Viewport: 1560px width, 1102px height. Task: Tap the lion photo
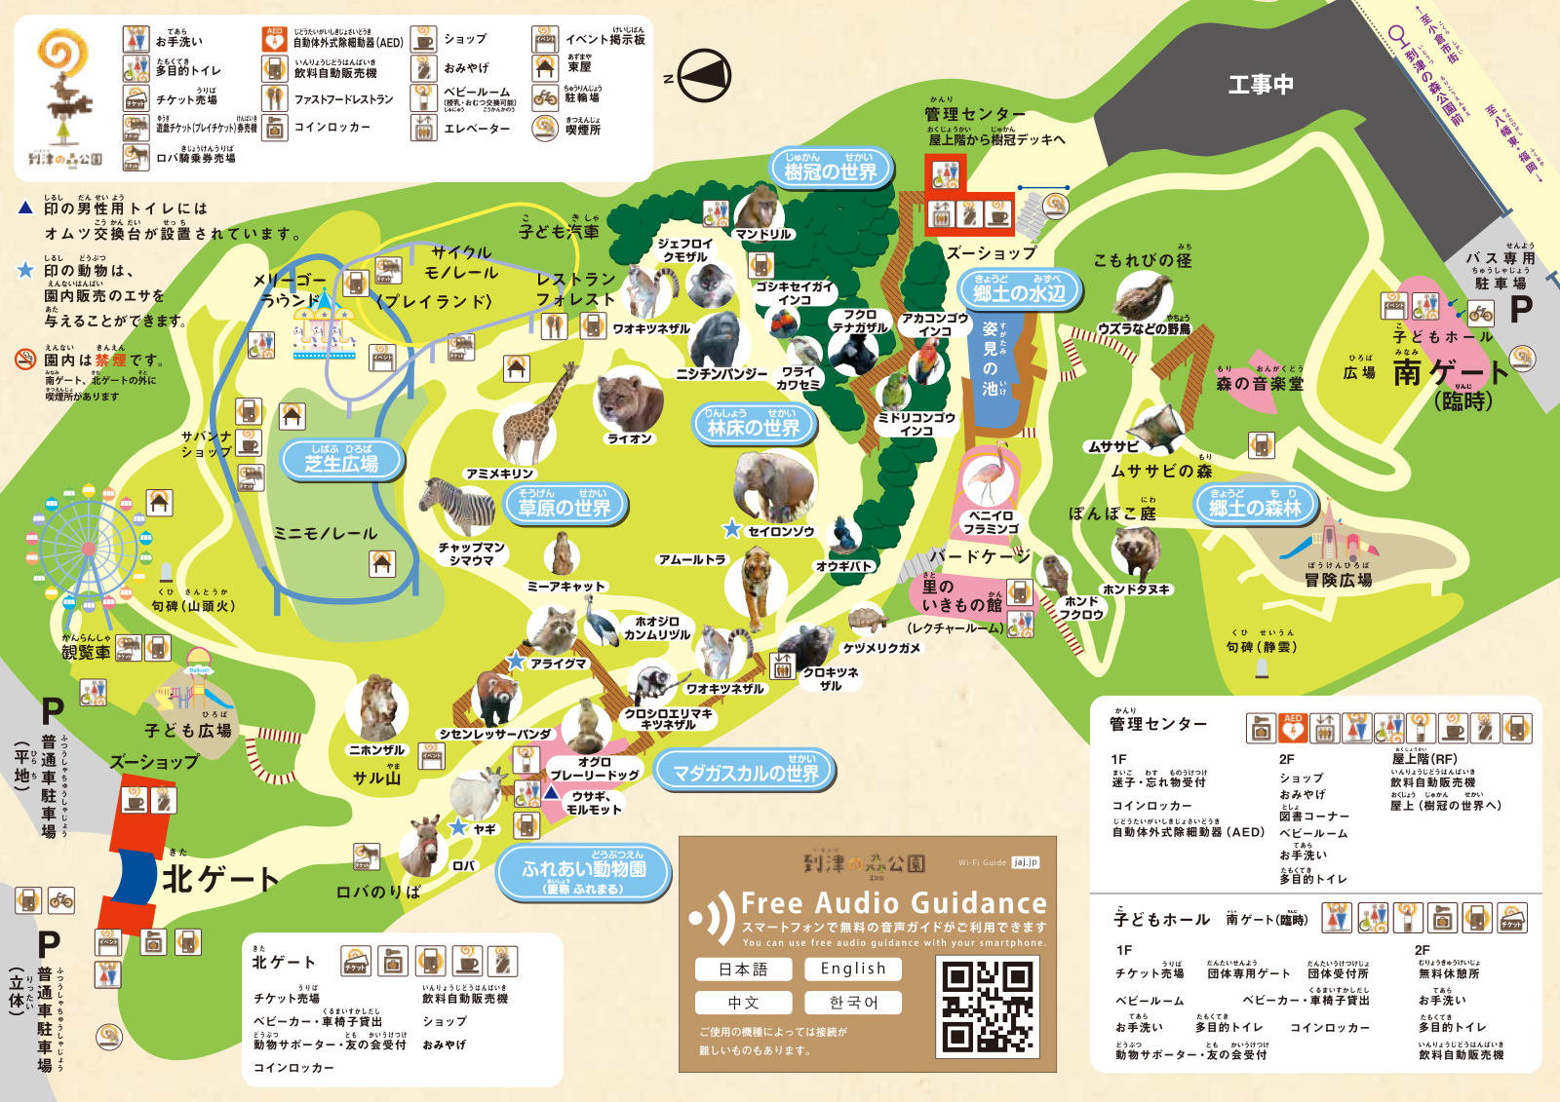(x=627, y=399)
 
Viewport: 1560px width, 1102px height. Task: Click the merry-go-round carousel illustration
(x=323, y=324)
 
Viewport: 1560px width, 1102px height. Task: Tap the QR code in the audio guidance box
(x=988, y=1006)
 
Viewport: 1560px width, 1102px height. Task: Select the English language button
(x=852, y=969)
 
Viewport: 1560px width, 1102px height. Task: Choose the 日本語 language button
(x=743, y=969)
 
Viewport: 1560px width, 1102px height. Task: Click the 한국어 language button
(x=852, y=1003)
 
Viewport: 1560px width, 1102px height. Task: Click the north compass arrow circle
(x=704, y=76)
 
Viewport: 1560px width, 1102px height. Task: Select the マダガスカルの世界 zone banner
(x=745, y=771)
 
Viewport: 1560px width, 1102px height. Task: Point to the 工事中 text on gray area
(x=1260, y=85)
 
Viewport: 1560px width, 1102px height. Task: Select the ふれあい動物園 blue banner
(x=583, y=871)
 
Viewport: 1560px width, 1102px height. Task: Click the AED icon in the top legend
(x=275, y=40)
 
